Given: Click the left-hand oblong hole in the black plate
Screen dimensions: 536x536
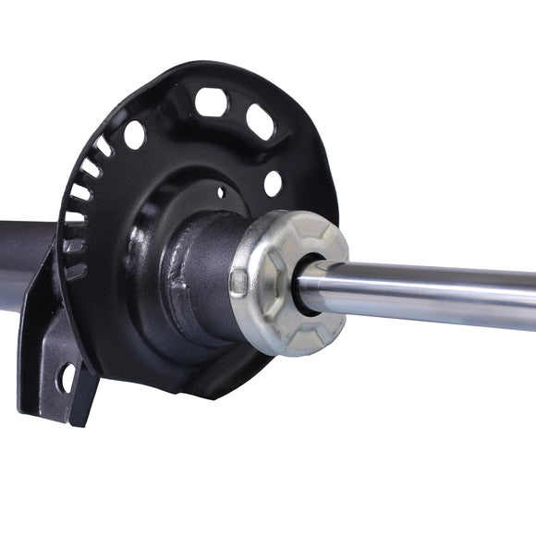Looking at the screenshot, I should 212,102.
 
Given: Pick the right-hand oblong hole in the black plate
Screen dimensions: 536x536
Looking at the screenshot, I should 261,123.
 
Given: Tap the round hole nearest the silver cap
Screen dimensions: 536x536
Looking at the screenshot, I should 273,183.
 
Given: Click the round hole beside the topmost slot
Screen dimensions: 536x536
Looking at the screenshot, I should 134,135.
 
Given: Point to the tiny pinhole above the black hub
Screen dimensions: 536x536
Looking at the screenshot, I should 219,193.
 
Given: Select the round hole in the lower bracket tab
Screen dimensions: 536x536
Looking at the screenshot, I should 67,376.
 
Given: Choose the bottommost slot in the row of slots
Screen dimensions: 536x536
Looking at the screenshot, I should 75,272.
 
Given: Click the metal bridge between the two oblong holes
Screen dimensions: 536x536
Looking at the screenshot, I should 237,110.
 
